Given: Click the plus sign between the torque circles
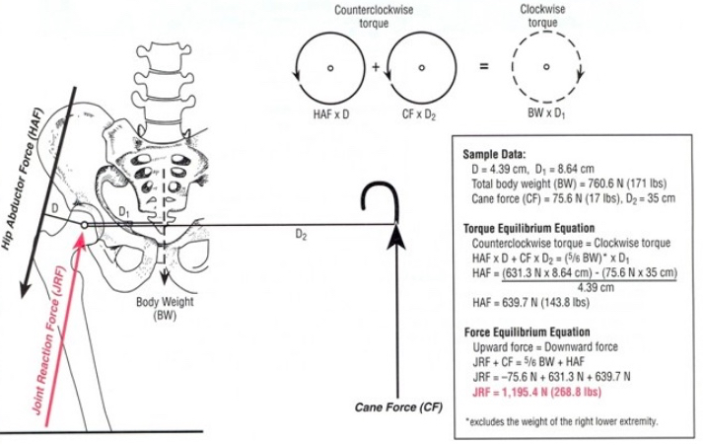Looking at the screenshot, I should pyautogui.click(x=377, y=69).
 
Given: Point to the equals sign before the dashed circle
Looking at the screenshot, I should pyautogui.click(x=484, y=69).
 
